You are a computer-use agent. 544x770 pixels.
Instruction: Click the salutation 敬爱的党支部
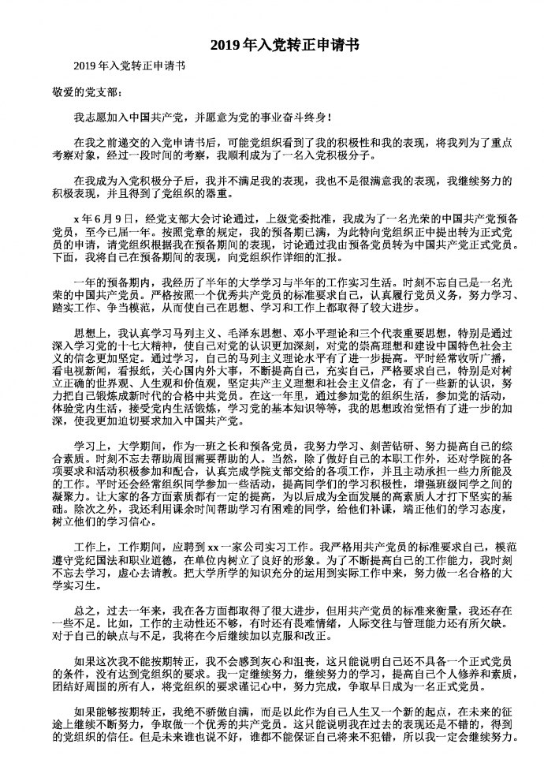pyautogui.click(x=88, y=92)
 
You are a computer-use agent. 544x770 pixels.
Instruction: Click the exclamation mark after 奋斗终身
pyautogui.click(x=328, y=118)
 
